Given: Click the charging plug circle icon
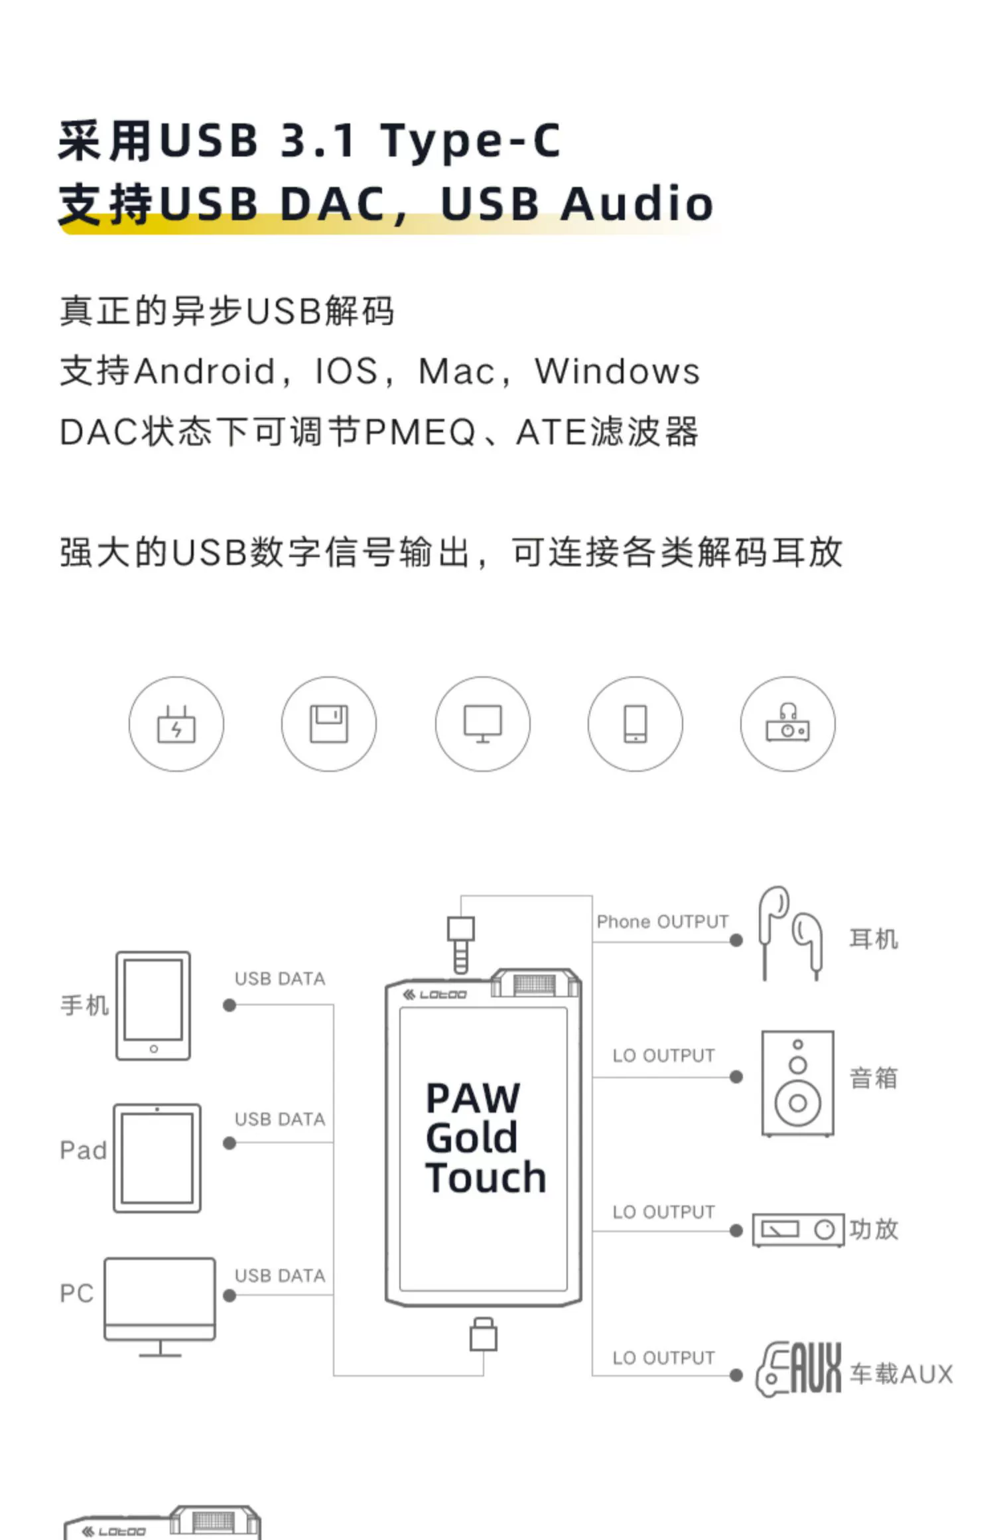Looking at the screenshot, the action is (176, 724).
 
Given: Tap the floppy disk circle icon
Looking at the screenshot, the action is (329, 724).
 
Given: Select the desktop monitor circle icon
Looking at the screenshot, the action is (483, 724).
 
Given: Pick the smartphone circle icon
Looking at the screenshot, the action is (635, 724).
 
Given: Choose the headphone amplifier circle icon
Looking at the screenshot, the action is (788, 724).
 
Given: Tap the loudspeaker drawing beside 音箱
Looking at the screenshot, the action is (797, 1083).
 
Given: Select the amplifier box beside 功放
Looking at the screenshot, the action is (798, 1230).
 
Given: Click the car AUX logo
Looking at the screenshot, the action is (799, 1369).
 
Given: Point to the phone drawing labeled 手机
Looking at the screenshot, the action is (153, 1005).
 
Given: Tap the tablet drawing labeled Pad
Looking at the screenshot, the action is (157, 1158).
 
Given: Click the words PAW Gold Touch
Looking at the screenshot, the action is (485, 1138).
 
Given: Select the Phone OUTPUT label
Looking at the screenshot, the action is (662, 922).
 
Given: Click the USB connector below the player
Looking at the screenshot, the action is (484, 1334).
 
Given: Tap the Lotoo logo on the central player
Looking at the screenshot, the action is (435, 995).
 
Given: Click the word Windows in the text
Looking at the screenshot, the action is (617, 371).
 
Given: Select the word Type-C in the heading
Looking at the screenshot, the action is (470, 141).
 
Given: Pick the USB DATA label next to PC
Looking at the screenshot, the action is (280, 1275).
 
